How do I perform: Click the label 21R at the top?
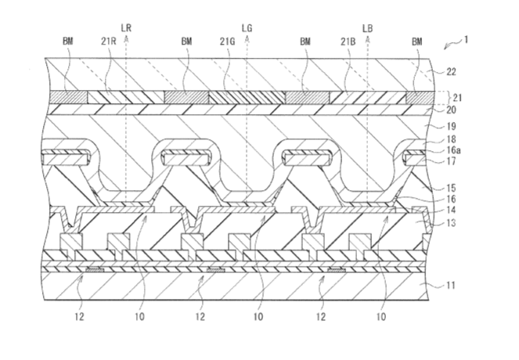click(108, 41)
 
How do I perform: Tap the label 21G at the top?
click(227, 41)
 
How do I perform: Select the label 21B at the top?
click(348, 41)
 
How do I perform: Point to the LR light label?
click(126, 28)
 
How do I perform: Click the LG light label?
click(247, 28)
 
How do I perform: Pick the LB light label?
click(368, 28)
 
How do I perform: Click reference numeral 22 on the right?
click(451, 72)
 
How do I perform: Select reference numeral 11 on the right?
click(450, 285)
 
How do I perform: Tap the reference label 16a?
click(453, 150)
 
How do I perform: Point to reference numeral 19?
click(451, 127)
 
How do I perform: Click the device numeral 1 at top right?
click(466, 40)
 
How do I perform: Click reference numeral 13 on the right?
click(451, 223)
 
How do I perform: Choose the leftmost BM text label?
click(68, 41)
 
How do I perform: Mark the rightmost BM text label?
click(417, 41)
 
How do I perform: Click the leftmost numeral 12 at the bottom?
click(79, 317)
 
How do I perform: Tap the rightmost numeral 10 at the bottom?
click(381, 317)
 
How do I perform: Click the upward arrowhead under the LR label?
click(126, 38)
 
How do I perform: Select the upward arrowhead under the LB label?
click(368, 38)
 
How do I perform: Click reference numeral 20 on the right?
click(451, 110)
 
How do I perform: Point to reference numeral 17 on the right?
click(451, 161)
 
